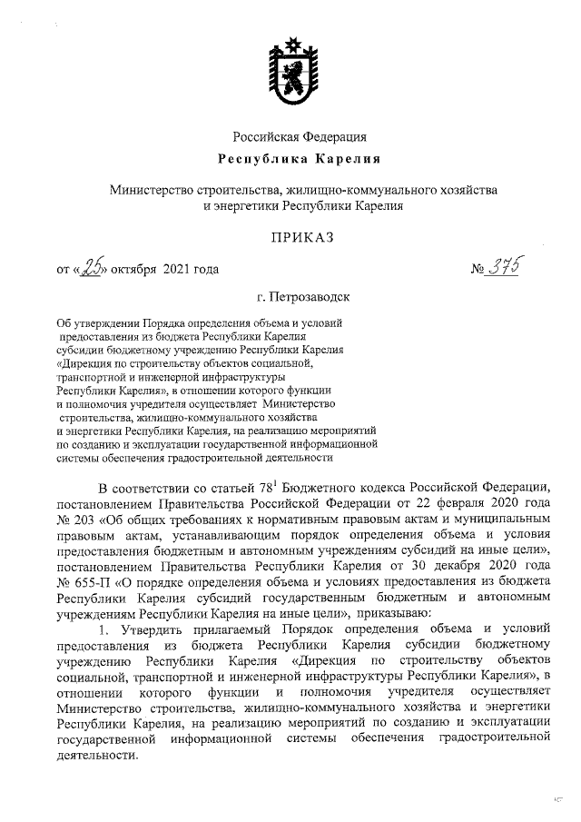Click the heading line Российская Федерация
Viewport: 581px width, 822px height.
[x=300, y=137]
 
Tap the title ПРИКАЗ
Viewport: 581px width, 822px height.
[x=300, y=237]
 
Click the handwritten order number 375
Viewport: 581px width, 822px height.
[x=512, y=266]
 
